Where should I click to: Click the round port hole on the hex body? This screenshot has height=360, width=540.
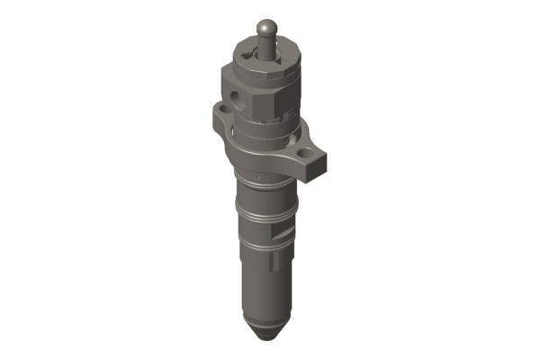coord(236,94)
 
